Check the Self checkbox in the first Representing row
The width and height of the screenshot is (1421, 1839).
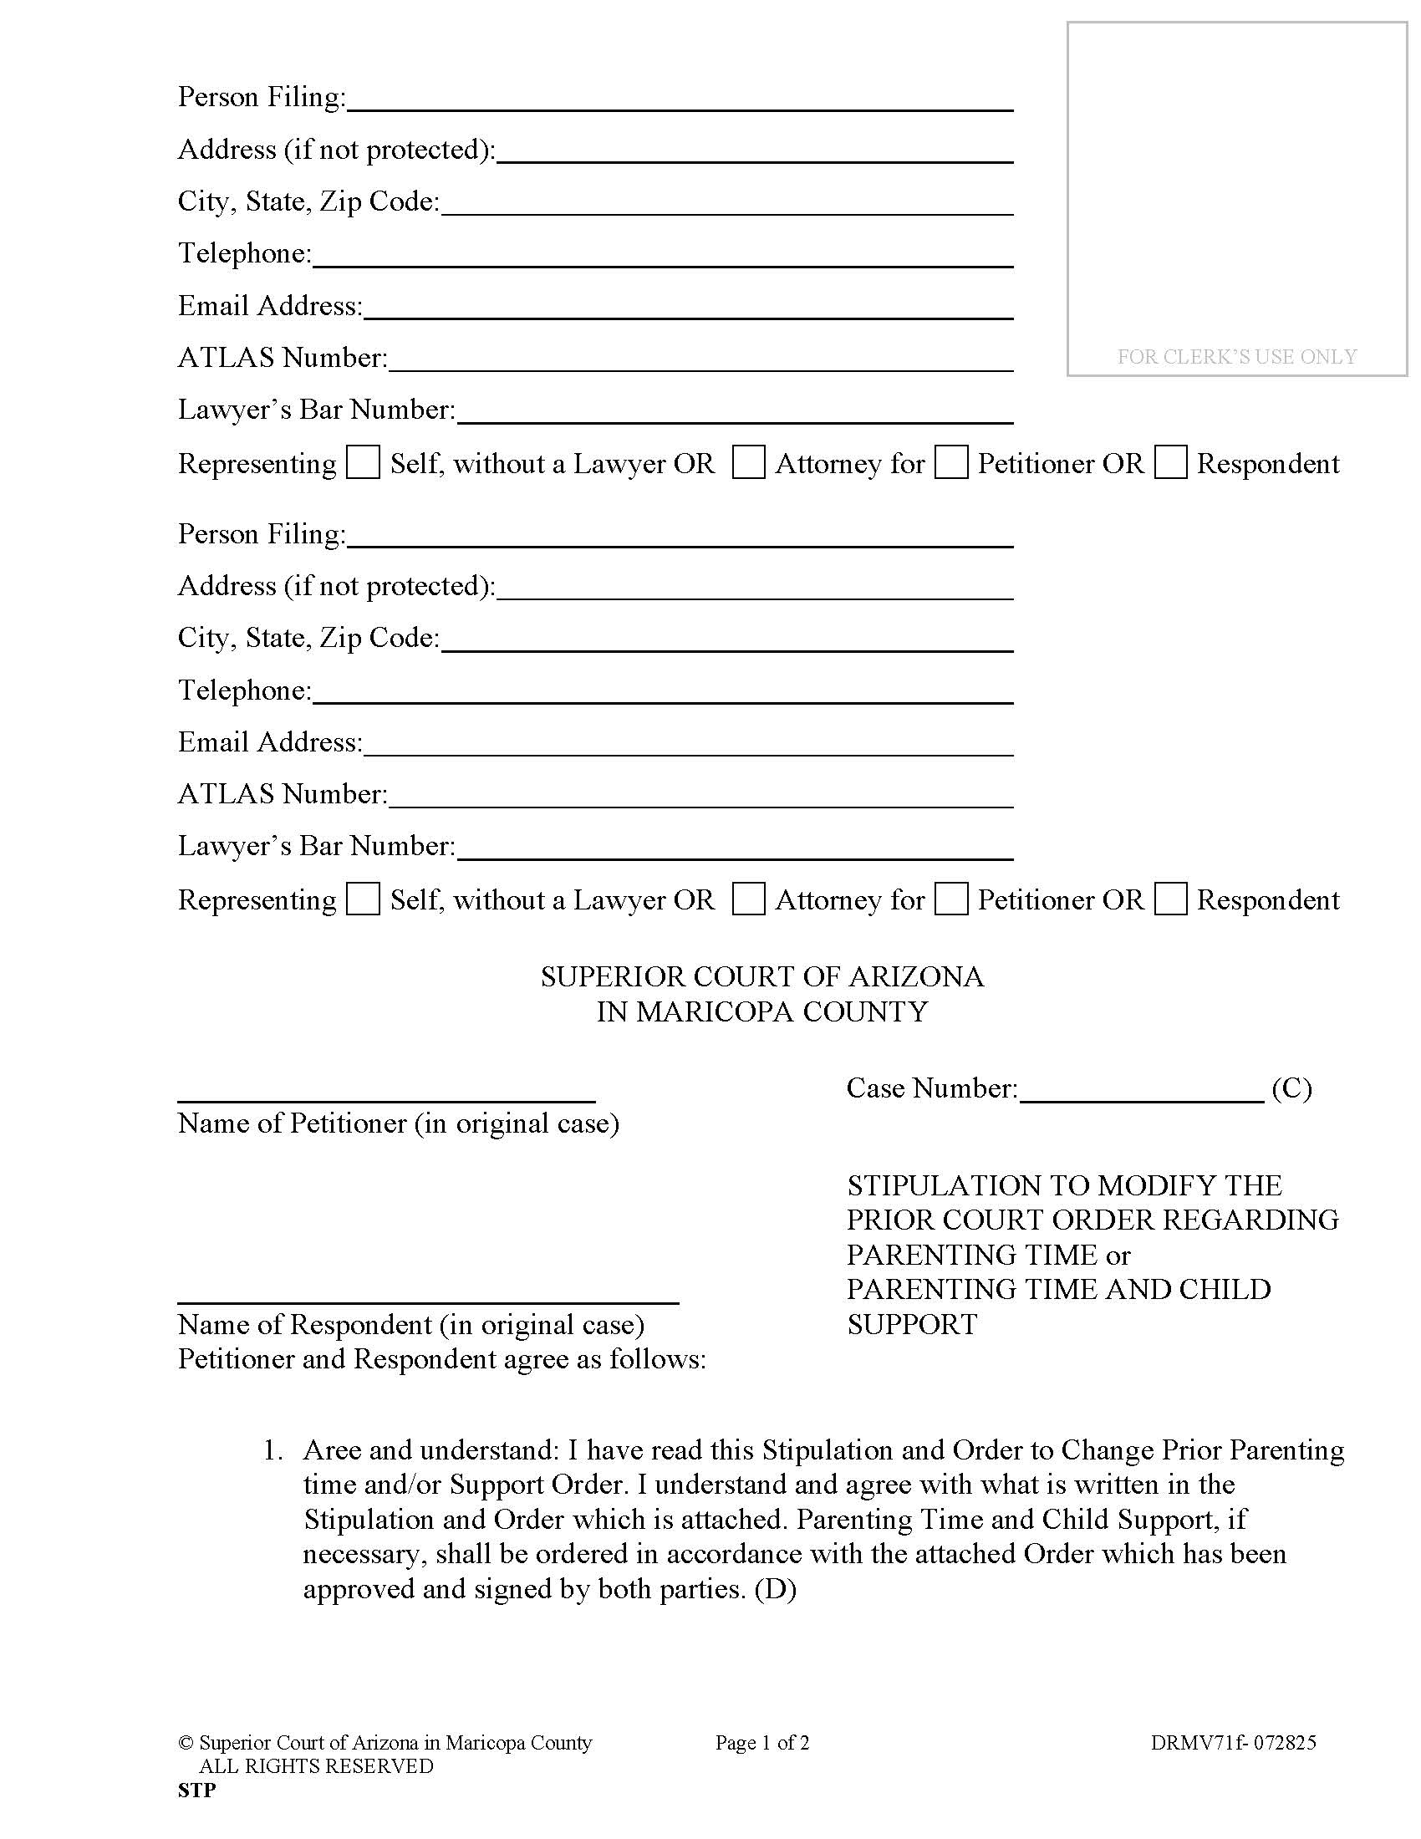tap(363, 463)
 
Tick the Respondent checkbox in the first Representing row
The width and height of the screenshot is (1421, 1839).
tap(1170, 463)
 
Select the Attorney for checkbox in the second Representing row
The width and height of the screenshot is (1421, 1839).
tap(748, 899)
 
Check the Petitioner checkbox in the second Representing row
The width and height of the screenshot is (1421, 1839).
tap(951, 899)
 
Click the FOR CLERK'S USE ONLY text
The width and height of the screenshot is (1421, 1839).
tap(1236, 357)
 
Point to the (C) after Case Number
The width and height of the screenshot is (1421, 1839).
tap(1291, 1088)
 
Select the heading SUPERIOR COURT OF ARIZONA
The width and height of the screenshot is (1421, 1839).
tap(761, 976)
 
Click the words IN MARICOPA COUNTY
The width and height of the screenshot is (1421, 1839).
tap(761, 1011)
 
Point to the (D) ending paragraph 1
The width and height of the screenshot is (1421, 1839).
tap(776, 1589)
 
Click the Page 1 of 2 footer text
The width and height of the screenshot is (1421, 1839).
tap(761, 1743)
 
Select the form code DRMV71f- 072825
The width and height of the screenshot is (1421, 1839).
tap(1233, 1743)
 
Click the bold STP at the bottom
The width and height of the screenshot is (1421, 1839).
tap(197, 1791)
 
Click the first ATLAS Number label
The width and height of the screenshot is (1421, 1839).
tap(282, 358)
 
